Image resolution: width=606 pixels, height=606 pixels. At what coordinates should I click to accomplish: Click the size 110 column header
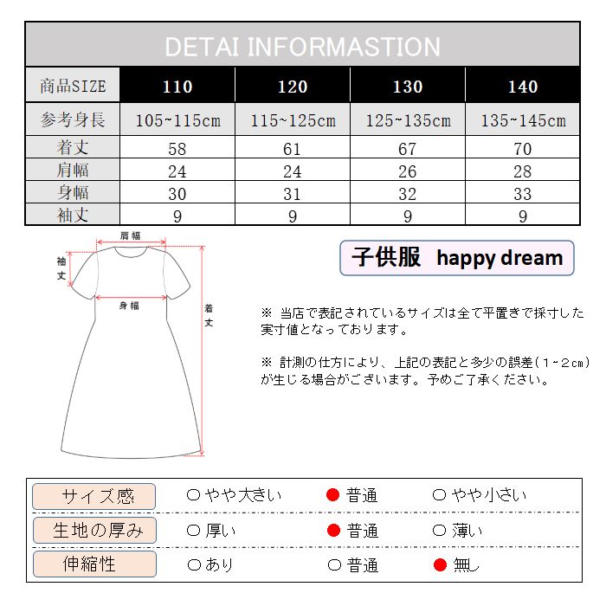pos(177,87)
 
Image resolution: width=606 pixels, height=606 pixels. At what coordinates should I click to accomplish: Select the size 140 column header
pos(522,87)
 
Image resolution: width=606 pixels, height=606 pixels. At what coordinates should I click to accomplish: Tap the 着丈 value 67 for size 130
pos(407,149)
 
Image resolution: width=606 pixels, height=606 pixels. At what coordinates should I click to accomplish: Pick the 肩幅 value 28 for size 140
pos(522,171)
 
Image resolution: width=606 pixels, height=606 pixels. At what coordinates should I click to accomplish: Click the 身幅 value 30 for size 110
pos(177,193)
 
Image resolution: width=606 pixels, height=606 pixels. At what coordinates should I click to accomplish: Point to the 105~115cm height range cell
pos(177,120)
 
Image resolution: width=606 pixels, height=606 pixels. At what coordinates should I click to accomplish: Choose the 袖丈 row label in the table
pos(73,215)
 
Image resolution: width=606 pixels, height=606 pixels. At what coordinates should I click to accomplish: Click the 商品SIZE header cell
pos(73,87)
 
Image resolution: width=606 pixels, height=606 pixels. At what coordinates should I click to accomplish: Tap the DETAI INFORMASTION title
pos(302,47)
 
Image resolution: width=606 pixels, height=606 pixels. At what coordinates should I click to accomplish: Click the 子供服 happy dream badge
pos(456,258)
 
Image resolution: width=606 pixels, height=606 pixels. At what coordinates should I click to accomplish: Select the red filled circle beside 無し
pos(440,565)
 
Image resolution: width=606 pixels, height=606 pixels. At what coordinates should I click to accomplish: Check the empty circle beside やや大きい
pos(194,495)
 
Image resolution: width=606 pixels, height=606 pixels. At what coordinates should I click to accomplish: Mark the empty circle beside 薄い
pos(439,531)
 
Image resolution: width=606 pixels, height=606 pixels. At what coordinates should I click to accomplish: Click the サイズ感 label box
pos(94,496)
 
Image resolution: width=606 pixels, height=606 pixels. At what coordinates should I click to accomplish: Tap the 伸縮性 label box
pos(94,565)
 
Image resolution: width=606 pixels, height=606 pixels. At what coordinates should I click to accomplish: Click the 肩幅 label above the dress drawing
pos(129,235)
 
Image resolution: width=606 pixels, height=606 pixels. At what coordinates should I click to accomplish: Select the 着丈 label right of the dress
pos(210,315)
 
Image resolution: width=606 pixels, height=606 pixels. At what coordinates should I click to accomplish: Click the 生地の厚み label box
pos(94,531)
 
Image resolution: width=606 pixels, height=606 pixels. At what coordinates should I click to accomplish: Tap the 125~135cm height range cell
pos(407,120)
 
